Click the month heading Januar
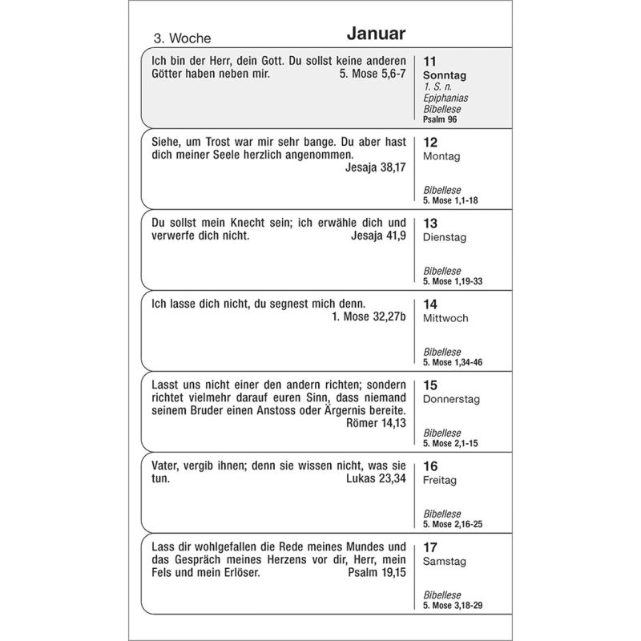[x=377, y=34]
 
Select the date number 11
[x=430, y=61]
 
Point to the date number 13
[x=430, y=223]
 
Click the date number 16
[x=430, y=466]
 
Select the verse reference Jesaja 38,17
[x=376, y=168]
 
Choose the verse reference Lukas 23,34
[x=376, y=478]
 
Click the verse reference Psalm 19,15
[x=377, y=574]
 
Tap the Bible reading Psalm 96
[x=440, y=119]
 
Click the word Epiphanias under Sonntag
[x=446, y=99]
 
